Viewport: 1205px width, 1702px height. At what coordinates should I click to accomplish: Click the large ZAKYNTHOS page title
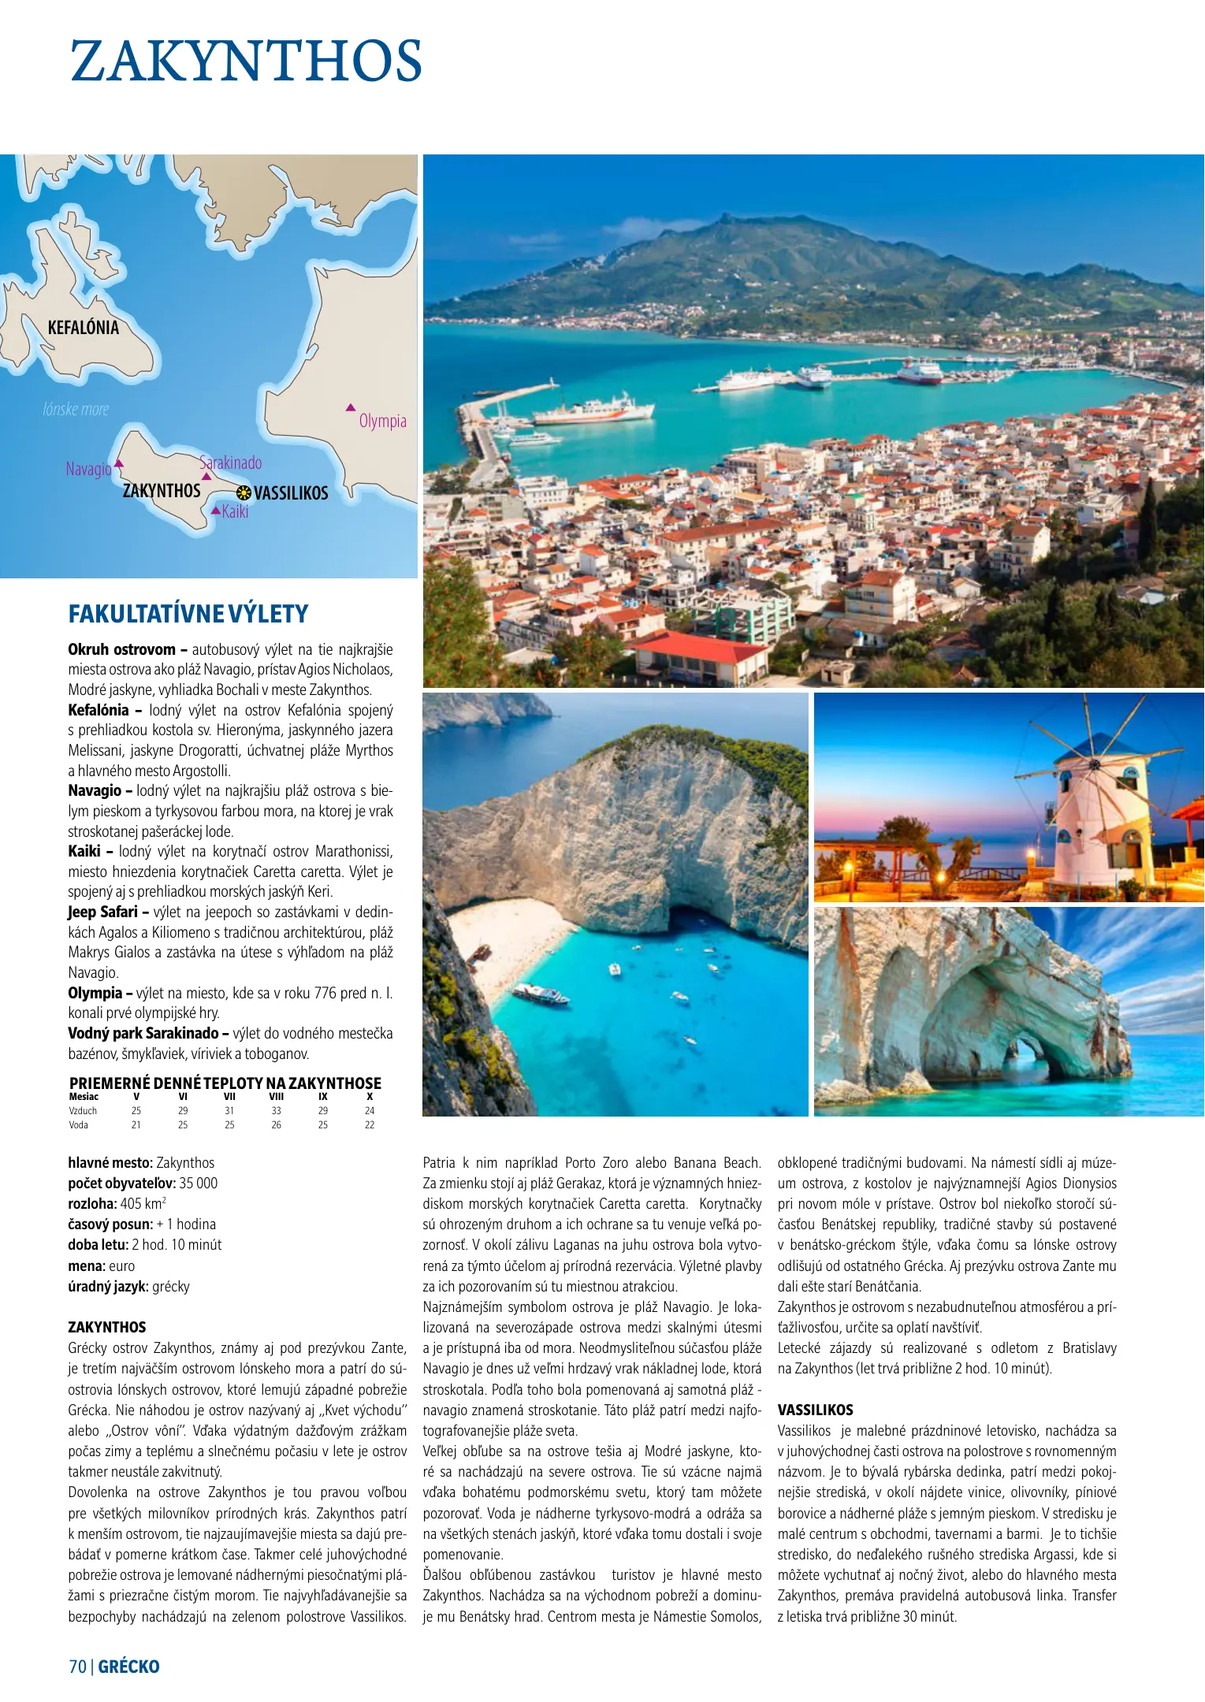[246, 61]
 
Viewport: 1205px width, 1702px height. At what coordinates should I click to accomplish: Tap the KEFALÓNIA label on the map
[83, 328]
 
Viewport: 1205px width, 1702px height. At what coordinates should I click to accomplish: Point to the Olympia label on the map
[382, 421]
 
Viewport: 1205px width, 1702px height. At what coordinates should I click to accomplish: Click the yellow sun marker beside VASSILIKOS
[244, 493]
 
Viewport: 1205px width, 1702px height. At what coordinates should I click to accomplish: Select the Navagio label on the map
[88, 470]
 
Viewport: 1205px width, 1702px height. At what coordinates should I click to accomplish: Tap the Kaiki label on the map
[235, 512]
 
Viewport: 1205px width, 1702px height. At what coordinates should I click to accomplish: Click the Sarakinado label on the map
[230, 463]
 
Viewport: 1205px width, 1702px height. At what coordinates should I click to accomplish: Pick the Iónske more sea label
[76, 410]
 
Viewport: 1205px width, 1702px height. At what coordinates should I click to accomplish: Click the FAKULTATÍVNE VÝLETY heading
[188, 614]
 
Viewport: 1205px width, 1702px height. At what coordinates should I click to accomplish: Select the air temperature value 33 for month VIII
[276, 1110]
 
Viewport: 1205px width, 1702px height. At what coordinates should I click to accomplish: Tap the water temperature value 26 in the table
[276, 1124]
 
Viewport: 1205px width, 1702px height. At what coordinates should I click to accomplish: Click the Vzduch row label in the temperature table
[83, 1110]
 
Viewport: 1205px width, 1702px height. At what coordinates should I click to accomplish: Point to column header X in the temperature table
[370, 1096]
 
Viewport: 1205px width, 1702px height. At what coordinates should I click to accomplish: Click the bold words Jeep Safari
[102, 912]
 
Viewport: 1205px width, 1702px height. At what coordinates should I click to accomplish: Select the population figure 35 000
[199, 1183]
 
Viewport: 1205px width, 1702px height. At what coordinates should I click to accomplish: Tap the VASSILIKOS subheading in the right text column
[815, 1410]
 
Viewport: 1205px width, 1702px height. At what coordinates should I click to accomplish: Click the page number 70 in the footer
[77, 1666]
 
